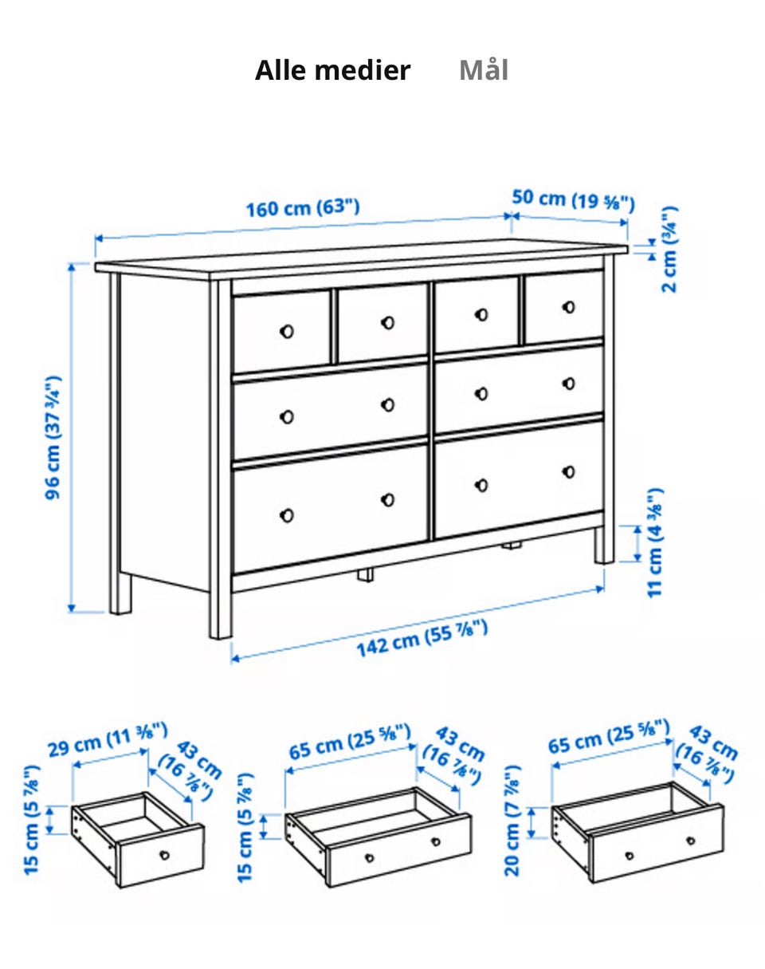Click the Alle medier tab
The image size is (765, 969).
coord(332,70)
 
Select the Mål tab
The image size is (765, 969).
coord(484,70)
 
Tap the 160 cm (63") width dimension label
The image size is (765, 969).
coord(303,208)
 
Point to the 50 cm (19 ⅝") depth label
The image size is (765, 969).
coord(573,200)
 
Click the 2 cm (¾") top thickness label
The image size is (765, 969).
coord(669,249)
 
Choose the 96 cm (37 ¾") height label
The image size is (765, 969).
coord(53,437)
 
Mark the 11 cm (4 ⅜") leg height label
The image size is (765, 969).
coord(655,542)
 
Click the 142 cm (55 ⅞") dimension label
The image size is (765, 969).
coord(422,639)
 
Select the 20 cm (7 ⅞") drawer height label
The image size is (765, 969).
coord(512,821)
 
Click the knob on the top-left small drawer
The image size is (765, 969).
coord(287,332)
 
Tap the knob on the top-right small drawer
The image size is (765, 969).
coord(569,308)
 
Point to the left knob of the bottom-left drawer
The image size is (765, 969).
coord(287,515)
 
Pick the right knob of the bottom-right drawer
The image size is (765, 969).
coord(569,472)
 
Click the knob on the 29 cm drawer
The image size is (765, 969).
coord(165,855)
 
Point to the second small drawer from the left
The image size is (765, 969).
coord(382,322)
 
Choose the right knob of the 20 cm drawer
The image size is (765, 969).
coord(691,841)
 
